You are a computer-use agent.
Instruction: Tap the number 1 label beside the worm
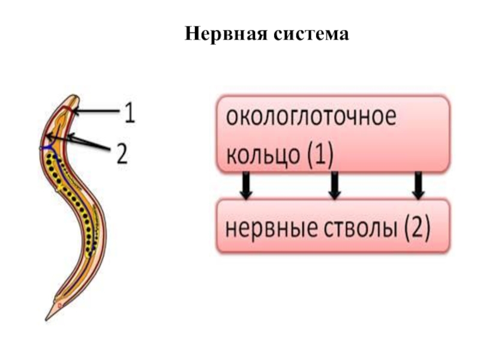pos(130,113)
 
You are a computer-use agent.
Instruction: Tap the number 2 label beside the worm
pos(122,153)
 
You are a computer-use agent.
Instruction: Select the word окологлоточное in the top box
pos(311,118)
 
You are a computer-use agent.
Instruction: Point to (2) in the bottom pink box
pos(415,229)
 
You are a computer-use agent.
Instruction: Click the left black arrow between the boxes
pos(245,185)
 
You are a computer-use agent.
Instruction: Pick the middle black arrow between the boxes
pos(335,185)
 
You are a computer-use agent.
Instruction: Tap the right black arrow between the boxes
pos(419,185)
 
